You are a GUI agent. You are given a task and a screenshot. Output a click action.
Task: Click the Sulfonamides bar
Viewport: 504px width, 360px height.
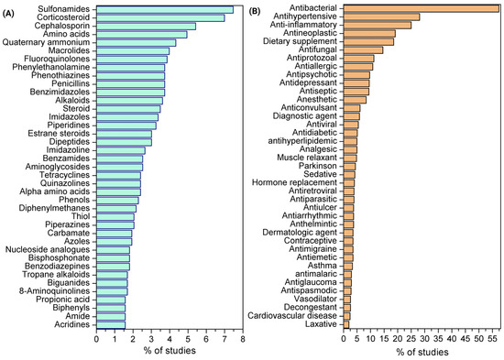165,10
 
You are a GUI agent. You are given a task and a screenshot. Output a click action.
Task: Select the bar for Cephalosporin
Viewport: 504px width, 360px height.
146,27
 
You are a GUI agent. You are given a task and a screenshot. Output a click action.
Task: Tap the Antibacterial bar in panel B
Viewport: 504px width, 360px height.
422,8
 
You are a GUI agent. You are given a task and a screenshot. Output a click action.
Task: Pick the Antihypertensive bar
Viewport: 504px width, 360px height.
381,16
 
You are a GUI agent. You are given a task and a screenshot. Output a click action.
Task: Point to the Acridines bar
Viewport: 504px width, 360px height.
111,325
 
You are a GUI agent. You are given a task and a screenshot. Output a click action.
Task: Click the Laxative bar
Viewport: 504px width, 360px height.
346,324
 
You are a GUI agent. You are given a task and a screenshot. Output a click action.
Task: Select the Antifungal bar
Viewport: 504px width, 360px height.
363,50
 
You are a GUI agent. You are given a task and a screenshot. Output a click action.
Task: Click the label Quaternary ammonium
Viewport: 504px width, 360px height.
47,42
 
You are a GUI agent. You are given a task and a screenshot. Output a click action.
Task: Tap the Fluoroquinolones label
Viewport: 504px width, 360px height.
57,60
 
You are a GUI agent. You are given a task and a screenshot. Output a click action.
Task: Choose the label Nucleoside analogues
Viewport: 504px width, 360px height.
48,250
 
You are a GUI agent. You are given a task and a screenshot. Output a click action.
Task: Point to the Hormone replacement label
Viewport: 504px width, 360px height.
294,182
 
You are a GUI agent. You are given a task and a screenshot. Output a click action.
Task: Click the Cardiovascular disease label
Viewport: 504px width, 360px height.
292,316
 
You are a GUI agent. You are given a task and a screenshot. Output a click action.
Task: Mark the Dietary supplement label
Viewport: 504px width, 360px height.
301,41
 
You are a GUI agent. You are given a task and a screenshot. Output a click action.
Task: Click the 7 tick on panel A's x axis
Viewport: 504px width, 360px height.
225,339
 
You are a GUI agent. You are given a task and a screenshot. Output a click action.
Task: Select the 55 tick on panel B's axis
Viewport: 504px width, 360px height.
492,339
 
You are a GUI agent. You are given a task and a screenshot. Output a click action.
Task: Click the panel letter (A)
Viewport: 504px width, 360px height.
8,14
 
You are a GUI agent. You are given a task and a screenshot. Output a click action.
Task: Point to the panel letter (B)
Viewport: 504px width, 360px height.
256,12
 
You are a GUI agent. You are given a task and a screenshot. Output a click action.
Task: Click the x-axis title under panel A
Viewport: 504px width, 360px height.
170,350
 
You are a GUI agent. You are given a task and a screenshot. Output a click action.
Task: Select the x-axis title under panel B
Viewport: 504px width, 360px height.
422,352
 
